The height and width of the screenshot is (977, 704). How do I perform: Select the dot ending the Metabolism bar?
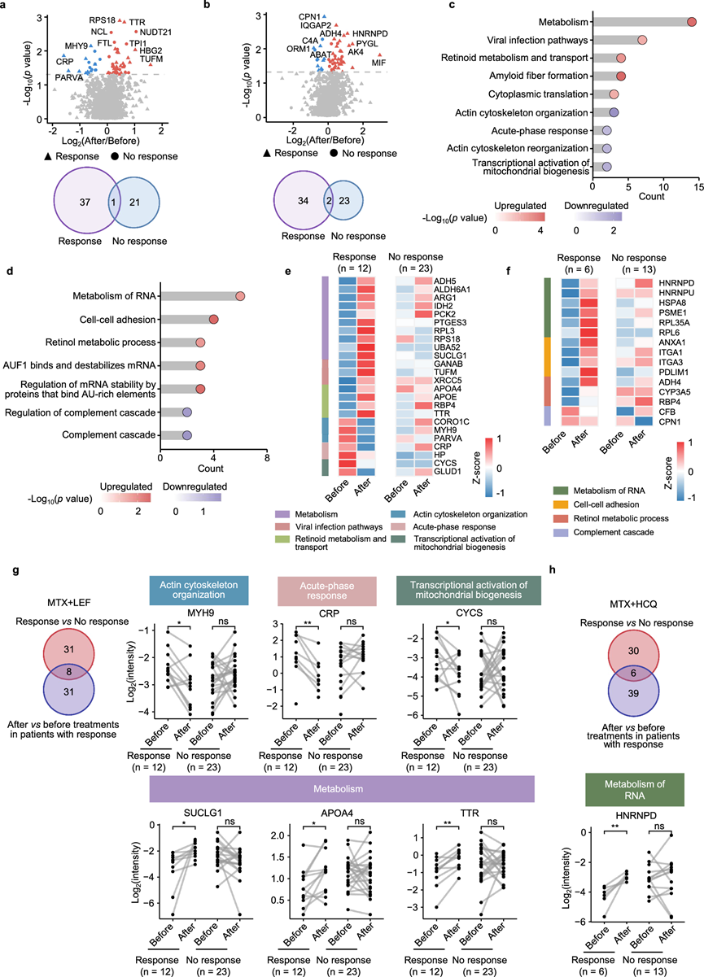(x=692, y=21)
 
